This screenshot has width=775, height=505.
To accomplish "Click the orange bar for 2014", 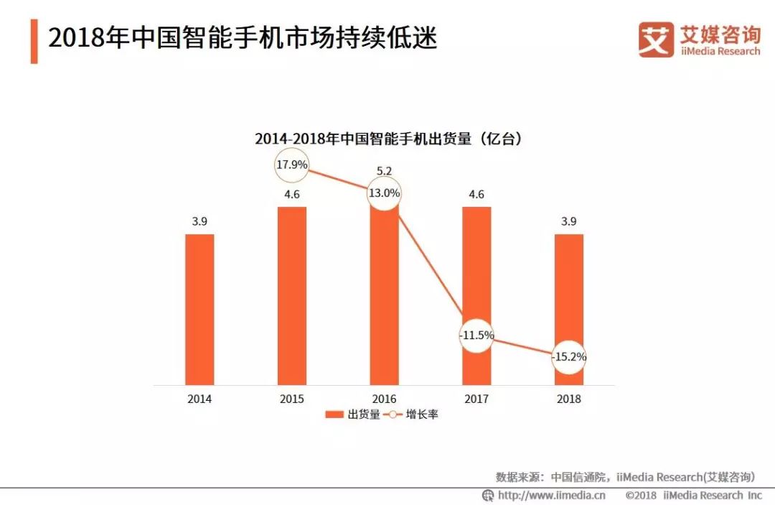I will (199, 309).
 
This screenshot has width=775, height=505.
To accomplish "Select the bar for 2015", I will (291, 295).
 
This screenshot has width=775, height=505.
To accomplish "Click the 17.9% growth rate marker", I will (292, 165).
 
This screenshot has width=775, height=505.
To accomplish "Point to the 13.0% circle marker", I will (385, 193).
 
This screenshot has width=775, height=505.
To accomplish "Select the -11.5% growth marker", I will (476, 335).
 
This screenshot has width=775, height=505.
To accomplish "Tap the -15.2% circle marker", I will (569, 357).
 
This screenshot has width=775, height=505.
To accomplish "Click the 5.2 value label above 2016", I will (384, 171).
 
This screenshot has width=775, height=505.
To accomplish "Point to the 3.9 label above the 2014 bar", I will (199, 222).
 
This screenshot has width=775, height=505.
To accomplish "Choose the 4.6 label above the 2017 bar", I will (476, 194).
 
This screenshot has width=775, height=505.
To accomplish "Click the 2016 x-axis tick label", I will (384, 399).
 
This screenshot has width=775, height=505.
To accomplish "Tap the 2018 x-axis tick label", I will (568, 399).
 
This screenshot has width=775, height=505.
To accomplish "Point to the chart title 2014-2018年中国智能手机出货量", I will (388, 139).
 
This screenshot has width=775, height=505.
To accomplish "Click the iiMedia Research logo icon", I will (656, 40).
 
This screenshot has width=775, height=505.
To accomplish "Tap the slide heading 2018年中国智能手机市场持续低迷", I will (243, 38).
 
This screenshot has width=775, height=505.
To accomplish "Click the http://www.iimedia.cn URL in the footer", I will (551, 495).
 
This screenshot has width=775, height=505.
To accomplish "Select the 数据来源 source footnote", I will (625, 477).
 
